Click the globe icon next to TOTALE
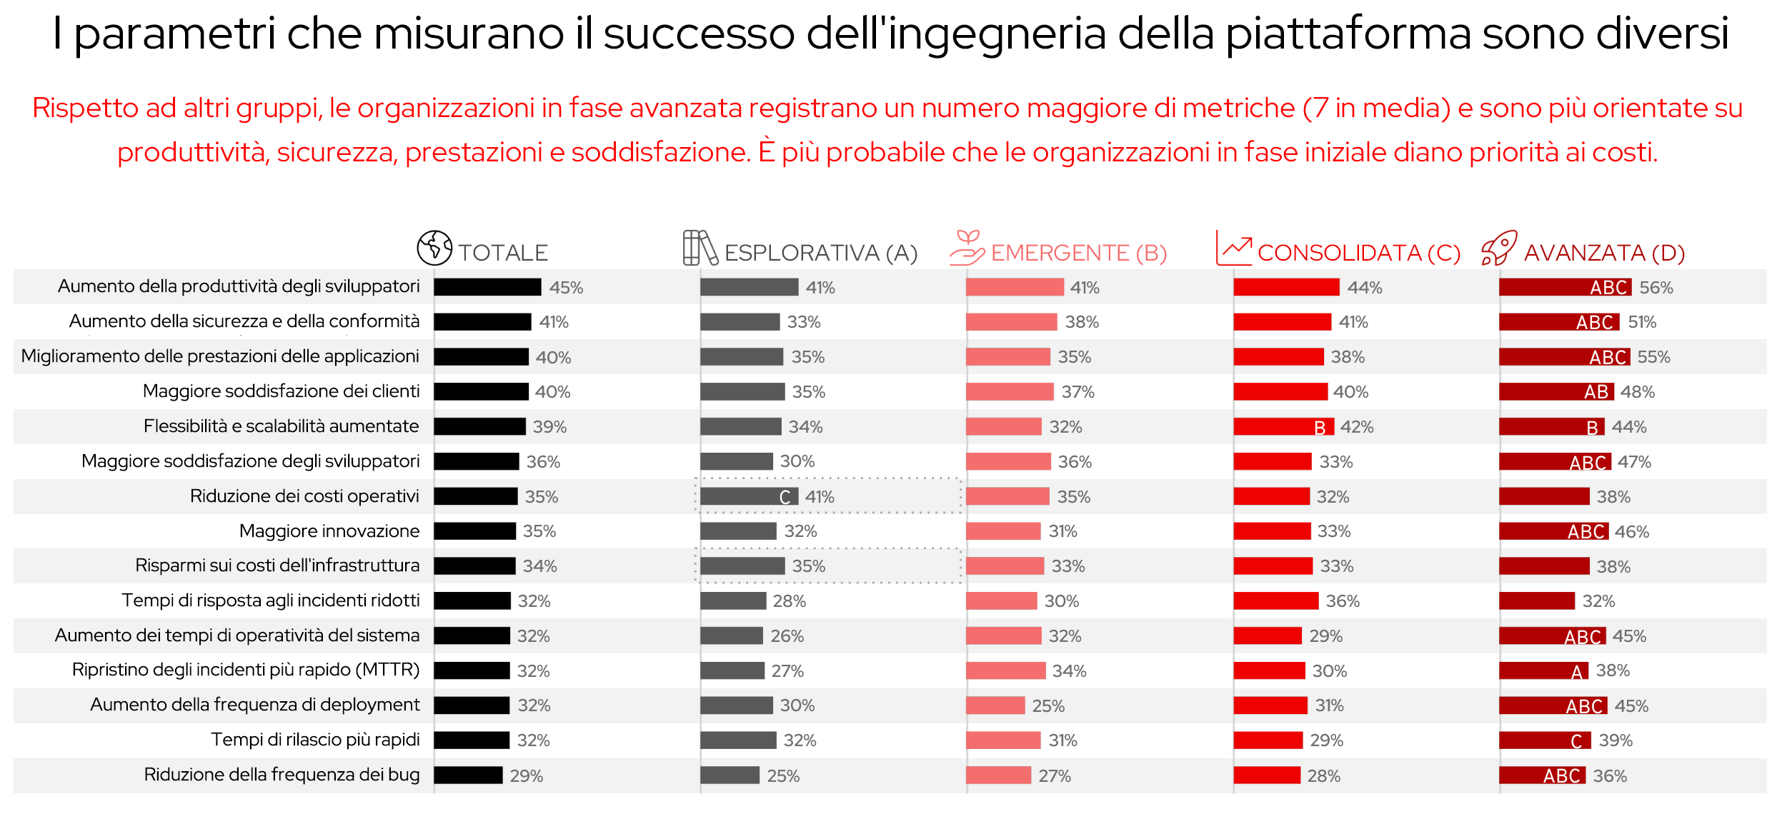tap(434, 248)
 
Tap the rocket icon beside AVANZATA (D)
tap(1498, 248)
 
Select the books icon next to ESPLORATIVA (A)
tap(700, 248)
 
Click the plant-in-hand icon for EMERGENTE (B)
tap(967, 248)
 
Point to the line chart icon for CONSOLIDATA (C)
tap(1233, 248)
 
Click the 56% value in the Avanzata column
tap(1656, 288)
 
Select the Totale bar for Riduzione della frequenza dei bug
tap(468, 775)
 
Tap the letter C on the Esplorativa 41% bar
tap(785, 497)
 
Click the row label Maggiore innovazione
tap(329, 531)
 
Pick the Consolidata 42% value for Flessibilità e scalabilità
tap(1356, 427)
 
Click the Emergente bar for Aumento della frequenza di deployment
tap(995, 705)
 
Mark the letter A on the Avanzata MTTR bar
tap(1577, 671)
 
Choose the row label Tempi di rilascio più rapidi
tap(315, 740)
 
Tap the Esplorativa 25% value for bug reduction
tap(783, 775)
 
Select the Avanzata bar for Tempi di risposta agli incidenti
tap(1536, 601)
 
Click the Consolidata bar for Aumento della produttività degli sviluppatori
tap(1286, 287)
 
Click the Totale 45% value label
tap(566, 288)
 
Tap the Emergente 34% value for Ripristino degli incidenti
tap(1069, 671)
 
